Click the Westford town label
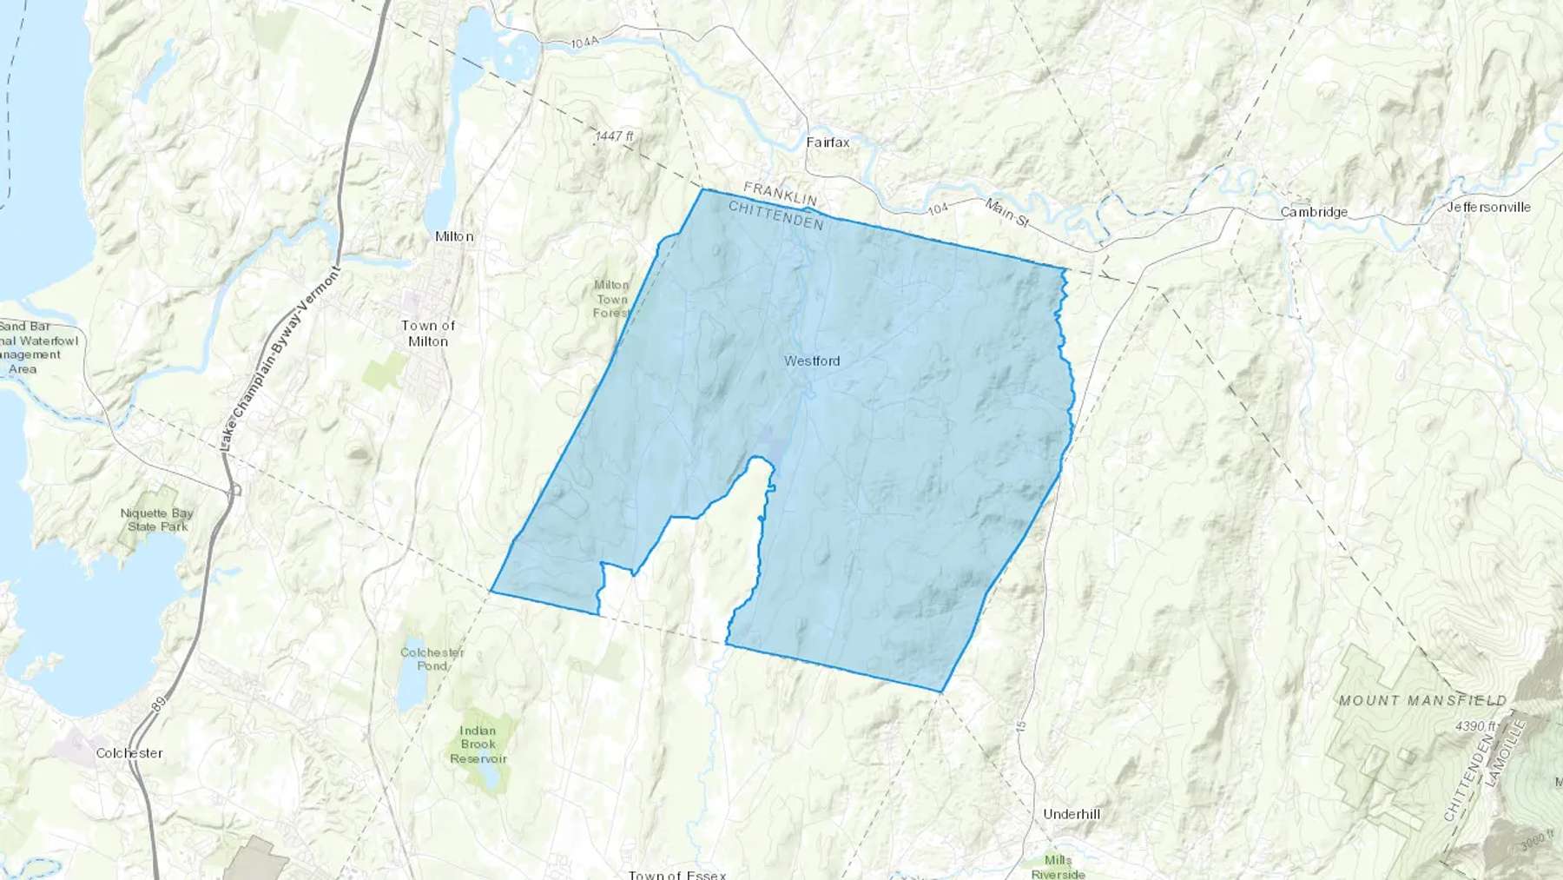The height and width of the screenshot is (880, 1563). pos(812,361)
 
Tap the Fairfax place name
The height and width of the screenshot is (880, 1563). pos(828,142)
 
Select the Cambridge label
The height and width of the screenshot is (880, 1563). pos(1314,212)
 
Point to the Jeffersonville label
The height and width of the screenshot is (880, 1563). pos(1488,207)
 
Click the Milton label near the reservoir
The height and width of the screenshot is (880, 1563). pos(454,236)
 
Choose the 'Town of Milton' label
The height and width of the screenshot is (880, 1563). pos(428,334)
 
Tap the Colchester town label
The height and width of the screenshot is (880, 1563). pos(129,753)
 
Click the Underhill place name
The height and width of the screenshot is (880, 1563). pos(1071,814)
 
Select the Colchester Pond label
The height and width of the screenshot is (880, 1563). pos(432,658)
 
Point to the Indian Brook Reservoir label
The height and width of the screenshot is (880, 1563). pos(478,744)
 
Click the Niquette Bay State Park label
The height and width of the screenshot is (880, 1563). pos(157,519)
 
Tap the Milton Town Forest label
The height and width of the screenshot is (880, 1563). pos(611,298)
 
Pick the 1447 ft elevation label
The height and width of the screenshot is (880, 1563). pos(615,136)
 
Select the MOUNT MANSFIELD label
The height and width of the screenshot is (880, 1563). pos(1422,700)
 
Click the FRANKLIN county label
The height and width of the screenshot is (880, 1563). pos(780,194)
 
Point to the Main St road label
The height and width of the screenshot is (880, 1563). pos(1006,213)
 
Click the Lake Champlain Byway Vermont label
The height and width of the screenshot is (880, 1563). pos(280,357)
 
